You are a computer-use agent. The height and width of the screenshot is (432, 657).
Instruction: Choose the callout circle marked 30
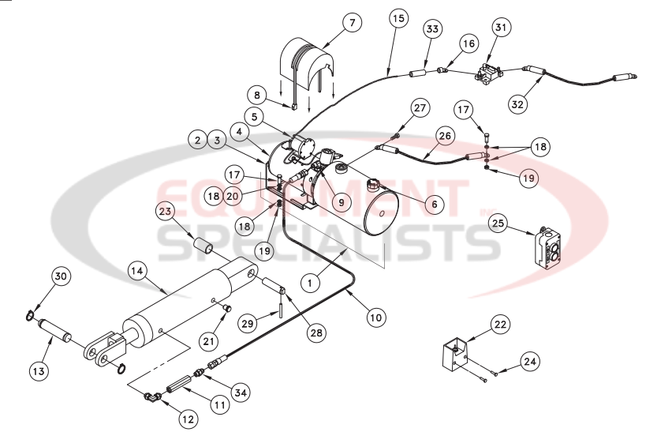point(61,276)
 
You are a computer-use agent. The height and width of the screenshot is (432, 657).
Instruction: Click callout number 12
point(187,419)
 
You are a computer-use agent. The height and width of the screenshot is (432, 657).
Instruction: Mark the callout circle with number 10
point(376,317)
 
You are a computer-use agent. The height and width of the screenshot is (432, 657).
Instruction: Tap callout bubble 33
point(431,29)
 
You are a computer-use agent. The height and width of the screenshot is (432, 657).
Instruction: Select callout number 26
point(446,135)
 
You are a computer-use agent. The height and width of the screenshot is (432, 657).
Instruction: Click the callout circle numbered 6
point(432,202)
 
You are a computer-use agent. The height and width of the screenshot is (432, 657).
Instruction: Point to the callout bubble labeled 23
point(165,211)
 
